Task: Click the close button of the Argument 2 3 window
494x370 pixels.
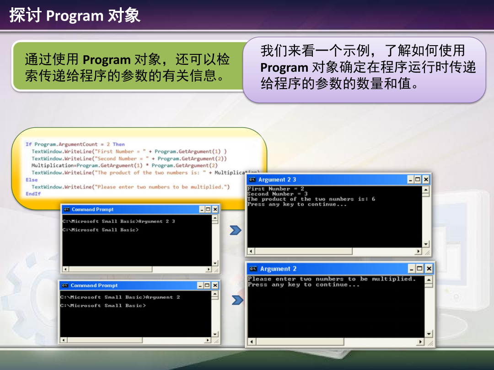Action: pyautogui.click(x=426, y=180)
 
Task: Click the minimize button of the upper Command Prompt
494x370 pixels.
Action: pyautogui.click(x=202, y=209)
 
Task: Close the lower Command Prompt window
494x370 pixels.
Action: pyautogui.click(x=215, y=285)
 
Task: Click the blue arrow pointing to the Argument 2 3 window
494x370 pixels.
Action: pyautogui.click(x=235, y=230)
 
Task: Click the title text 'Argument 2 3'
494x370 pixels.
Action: pyautogui.click(x=277, y=180)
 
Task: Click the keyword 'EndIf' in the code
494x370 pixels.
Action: pyautogui.click(x=33, y=194)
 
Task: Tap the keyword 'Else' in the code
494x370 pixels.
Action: pyautogui.click(x=32, y=180)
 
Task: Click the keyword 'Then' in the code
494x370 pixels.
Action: pyautogui.click(x=118, y=144)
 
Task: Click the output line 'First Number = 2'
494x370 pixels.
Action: pyautogui.click(x=275, y=189)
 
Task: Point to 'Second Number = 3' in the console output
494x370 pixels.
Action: pyautogui.click(x=277, y=194)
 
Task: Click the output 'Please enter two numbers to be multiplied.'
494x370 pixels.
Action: pyautogui.click(x=332, y=279)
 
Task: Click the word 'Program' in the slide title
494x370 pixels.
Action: pyautogui.click(x=75, y=16)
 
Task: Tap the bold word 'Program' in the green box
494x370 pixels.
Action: pyautogui.click(x=107, y=60)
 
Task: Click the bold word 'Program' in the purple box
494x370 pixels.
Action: pyautogui.click(x=284, y=68)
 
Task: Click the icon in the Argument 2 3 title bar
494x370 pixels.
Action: pyautogui.click(x=252, y=180)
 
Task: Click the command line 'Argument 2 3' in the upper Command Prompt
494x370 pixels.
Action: pyautogui.click(x=157, y=221)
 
